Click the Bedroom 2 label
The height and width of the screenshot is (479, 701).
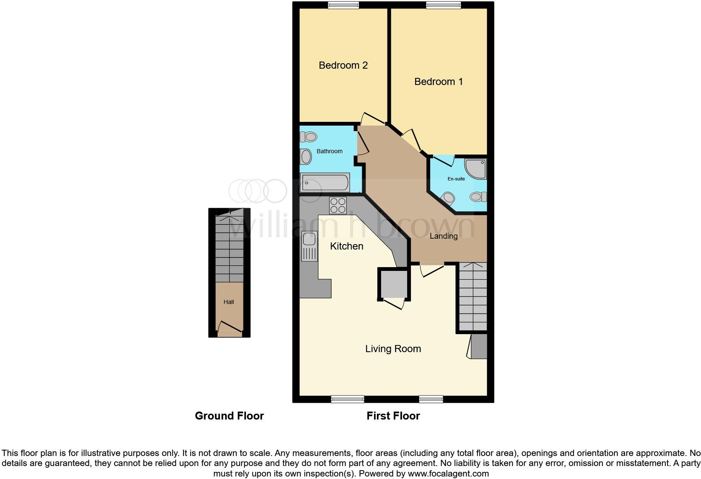pyautogui.click(x=343, y=65)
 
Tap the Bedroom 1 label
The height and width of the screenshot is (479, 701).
pyautogui.click(x=438, y=82)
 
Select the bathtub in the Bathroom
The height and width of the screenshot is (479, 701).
pyautogui.click(x=325, y=183)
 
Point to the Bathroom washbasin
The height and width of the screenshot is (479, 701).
pyautogui.click(x=306, y=157)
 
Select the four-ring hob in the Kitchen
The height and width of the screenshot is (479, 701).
pyautogui.click(x=338, y=205)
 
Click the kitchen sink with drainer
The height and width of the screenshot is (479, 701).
pyautogui.click(x=309, y=246)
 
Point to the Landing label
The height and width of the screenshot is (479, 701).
pyautogui.click(x=443, y=236)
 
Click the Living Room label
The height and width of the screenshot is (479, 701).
pyautogui.click(x=393, y=349)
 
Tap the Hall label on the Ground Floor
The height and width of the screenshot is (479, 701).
pyautogui.click(x=228, y=302)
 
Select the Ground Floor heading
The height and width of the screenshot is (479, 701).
pyautogui.click(x=229, y=416)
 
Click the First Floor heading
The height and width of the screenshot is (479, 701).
pyautogui.click(x=393, y=416)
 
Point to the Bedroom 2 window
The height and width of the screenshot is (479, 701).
pyautogui.click(x=343, y=5)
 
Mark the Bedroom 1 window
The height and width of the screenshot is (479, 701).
pyautogui.click(x=443, y=5)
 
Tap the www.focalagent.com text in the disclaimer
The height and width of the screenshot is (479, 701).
pyautogui.click(x=448, y=474)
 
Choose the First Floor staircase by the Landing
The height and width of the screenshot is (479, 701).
pyautogui.click(x=473, y=296)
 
